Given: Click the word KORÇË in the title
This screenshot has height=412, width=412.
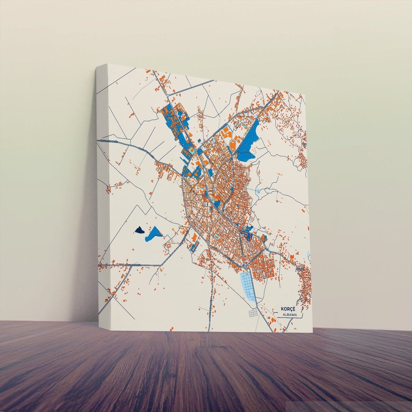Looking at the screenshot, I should pos(289,309).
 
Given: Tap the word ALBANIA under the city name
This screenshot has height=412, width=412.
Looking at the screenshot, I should pos(290,315).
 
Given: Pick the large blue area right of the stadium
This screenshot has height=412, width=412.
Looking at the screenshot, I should pos(248,143).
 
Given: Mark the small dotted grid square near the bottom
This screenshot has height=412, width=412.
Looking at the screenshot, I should pos(253,313).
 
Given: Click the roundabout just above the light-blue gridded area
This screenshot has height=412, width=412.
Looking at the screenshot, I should pos(244,267).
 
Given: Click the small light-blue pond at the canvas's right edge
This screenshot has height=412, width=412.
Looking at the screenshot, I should pos(308,255).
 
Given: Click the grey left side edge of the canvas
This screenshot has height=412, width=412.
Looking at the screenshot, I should pos(102,185).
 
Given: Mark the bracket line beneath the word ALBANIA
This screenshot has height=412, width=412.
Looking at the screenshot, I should pos(288,318).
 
